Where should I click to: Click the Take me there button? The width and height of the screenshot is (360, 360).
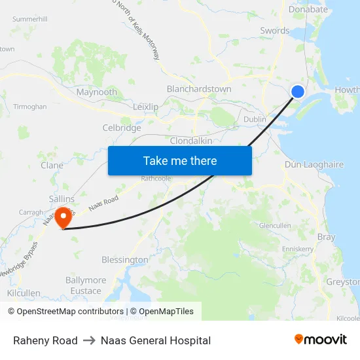click(x=180, y=160)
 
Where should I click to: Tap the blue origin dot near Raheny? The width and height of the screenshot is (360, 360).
click(x=297, y=92)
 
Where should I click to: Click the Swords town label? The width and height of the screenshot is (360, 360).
click(x=275, y=31)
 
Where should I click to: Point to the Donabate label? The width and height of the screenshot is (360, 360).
click(x=308, y=10)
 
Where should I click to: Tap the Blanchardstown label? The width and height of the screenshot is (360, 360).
click(x=199, y=88)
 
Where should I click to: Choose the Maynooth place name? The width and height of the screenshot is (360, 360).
click(x=97, y=92)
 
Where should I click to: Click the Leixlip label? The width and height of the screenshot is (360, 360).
click(x=145, y=107)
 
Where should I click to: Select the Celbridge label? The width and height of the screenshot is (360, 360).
click(x=122, y=128)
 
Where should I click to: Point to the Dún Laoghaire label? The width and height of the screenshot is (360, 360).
click(x=314, y=165)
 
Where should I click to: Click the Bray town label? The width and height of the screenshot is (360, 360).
click(x=325, y=237)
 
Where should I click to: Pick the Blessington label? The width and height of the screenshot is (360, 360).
click(x=125, y=260)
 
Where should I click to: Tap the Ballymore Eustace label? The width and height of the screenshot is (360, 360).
click(x=86, y=285)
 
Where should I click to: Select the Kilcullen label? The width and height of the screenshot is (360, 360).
click(x=24, y=293)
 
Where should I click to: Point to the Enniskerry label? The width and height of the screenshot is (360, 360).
click(x=298, y=249)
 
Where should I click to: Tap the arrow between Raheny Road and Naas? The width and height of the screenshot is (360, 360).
click(x=89, y=340)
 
